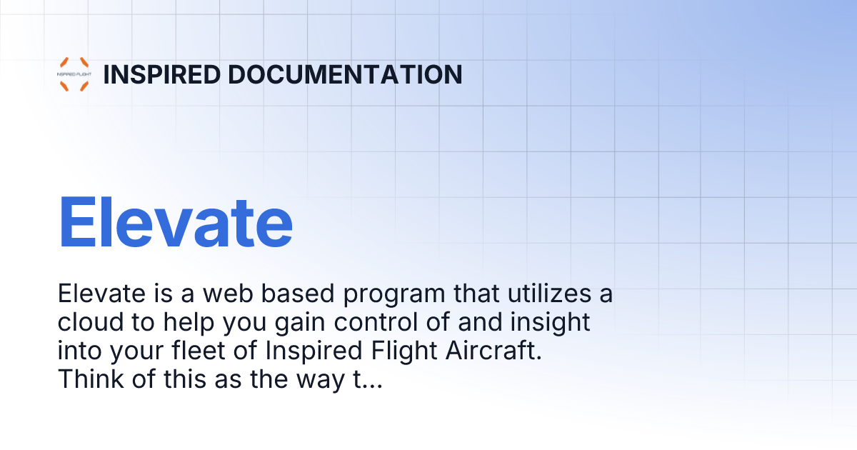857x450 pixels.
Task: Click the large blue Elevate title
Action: click(175, 221)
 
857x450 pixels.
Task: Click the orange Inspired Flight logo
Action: click(74, 74)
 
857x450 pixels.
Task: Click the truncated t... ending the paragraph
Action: click(366, 380)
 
